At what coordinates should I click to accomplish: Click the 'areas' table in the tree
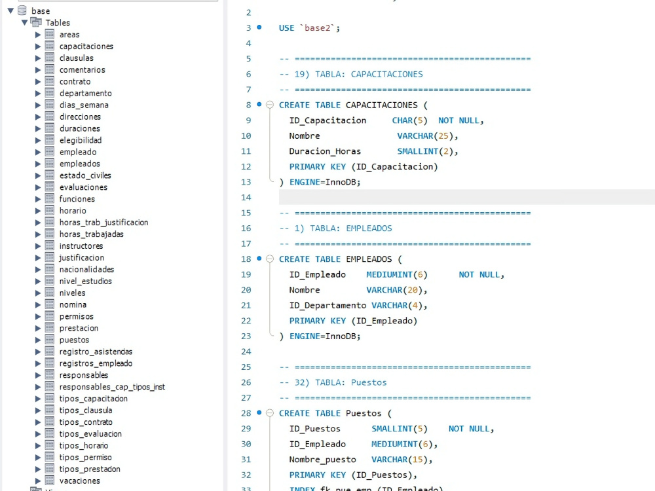coord(69,35)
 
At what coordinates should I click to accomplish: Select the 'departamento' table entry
coord(86,93)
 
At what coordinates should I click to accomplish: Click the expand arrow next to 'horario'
coord(38,211)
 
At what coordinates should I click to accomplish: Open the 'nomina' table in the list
coord(73,305)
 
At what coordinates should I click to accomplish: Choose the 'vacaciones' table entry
coord(80,481)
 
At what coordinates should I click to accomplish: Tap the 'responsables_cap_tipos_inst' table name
coord(112,387)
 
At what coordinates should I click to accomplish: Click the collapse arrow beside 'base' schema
coord(11,11)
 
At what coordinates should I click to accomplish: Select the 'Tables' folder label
coord(58,22)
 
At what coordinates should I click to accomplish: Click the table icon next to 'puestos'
coord(50,339)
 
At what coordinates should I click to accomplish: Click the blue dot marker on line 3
coord(259,27)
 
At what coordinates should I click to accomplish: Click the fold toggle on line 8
coord(270,105)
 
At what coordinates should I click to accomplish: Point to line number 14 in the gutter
coord(246,198)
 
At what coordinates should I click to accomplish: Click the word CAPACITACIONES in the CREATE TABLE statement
coord(381,105)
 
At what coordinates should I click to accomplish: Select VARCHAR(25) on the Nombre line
coord(427,136)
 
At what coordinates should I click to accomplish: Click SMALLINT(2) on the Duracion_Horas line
coord(427,152)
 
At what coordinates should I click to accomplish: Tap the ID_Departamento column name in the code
coord(327,306)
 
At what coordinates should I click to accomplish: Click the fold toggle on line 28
coord(270,413)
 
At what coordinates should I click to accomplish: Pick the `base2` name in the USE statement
coord(318,28)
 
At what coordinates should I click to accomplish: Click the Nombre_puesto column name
coord(322,460)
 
